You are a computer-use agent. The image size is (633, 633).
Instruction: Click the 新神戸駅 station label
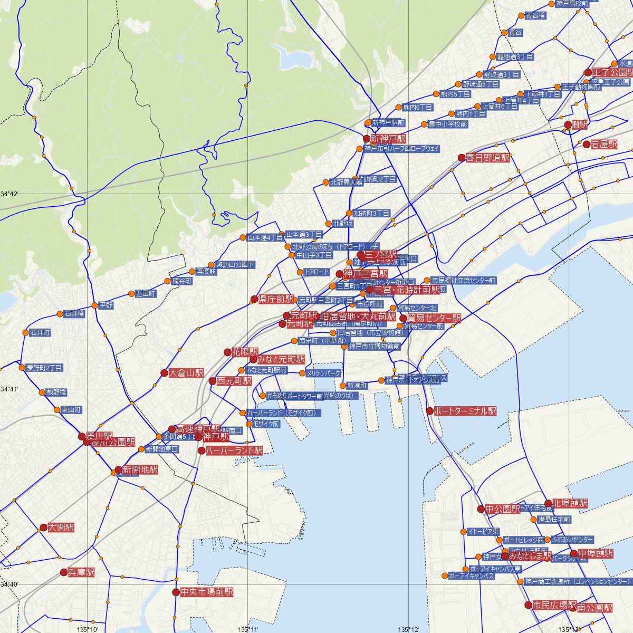pyautogui.click(x=388, y=139)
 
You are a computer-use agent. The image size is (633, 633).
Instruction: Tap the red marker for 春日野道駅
pyautogui.click(x=462, y=158)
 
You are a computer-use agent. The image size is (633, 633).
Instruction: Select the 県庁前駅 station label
pyautogui.click(x=276, y=300)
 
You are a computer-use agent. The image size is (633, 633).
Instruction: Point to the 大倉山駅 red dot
pyautogui.click(x=164, y=373)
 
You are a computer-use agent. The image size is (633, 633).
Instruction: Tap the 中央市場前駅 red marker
pyautogui.click(x=176, y=592)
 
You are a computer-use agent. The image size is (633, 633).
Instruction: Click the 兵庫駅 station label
pyautogui.click(x=82, y=572)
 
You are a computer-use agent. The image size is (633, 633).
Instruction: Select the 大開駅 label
pyautogui.click(x=61, y=527)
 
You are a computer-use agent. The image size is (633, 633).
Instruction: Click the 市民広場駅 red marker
pyautogui.click(x=528, y=605)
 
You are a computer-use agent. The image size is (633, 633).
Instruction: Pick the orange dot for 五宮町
pyautogui.click(x=131, y=294)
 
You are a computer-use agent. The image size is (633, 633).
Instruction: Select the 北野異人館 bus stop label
pyautogui.click(x=347, y=183)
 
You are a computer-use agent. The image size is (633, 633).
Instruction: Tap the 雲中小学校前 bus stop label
pyautogui.click(x=448, y=124)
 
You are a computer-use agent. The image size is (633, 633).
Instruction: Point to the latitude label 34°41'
pyautogui.click(x=9, y=389)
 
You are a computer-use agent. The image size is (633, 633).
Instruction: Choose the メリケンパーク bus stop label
pyautogui.click(x=324, y=373)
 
